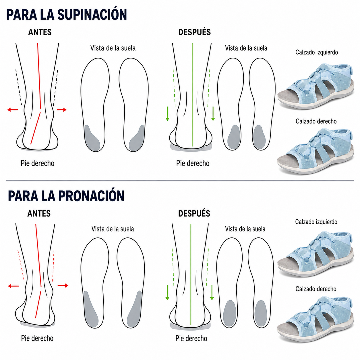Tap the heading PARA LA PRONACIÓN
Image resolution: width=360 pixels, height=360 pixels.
click(66, 196)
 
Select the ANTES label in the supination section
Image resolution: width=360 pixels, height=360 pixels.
click(40, 32)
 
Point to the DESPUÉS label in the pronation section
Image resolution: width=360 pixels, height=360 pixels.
click(194, 213)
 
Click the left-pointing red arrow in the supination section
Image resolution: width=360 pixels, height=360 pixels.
click(13, 110)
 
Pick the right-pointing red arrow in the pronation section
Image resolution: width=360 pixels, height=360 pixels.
click(63, 285)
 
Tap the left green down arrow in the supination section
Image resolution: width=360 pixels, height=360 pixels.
click(167, 114)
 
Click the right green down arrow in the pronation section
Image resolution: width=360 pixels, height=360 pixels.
click(212, 293)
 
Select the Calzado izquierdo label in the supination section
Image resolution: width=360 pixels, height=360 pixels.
click(316, 52)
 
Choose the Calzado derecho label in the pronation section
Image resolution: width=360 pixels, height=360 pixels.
click(316, 289)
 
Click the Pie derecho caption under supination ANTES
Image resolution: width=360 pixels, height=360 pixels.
click(38, 163)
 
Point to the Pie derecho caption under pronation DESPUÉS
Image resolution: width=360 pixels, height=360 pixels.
click(191, 338)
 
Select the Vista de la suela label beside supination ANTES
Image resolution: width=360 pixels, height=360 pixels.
click(113, 48)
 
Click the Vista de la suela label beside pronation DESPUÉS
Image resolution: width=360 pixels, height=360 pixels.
click(245, 229)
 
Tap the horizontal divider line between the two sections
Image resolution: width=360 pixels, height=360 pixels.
click(180, 180)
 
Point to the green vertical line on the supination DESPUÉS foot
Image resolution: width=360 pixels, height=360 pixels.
click(192, 95)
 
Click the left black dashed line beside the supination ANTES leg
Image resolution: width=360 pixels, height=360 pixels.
click(19, 88)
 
